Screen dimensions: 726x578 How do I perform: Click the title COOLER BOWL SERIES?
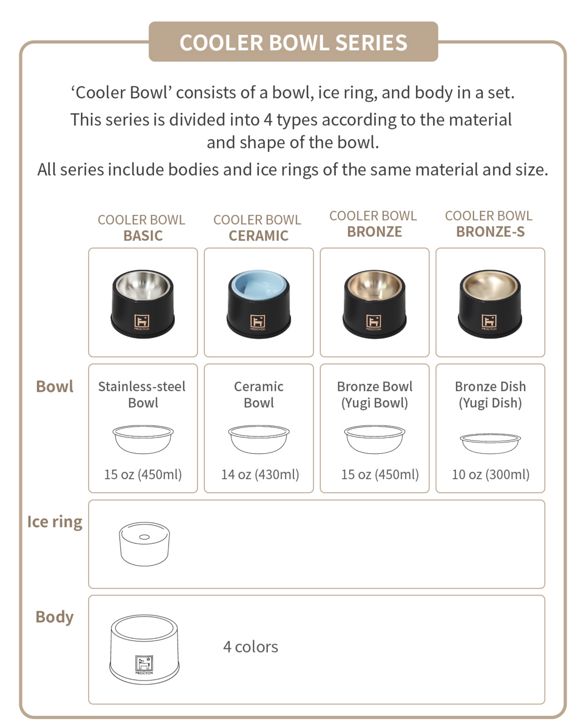293,42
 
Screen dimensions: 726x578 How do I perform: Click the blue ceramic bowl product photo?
258,303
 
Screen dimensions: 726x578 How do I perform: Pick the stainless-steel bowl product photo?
143,303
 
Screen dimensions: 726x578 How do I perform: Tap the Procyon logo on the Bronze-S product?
489,322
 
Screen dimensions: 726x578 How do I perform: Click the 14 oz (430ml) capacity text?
260,474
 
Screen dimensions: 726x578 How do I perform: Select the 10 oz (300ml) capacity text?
490,474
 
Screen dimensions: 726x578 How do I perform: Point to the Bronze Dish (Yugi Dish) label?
490,394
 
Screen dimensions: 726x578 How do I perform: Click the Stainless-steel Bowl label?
142,394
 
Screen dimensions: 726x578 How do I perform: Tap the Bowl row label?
55,387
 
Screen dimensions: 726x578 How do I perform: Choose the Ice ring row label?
55,522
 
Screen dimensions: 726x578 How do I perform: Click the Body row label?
55,617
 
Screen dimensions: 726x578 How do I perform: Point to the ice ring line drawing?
144,544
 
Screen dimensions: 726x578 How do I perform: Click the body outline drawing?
144,649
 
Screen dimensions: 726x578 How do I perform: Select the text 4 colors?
250,647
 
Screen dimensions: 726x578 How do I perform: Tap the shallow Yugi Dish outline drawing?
490,443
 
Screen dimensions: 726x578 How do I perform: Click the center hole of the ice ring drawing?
144,537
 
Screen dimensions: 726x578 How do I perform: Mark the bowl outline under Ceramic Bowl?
258,439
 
